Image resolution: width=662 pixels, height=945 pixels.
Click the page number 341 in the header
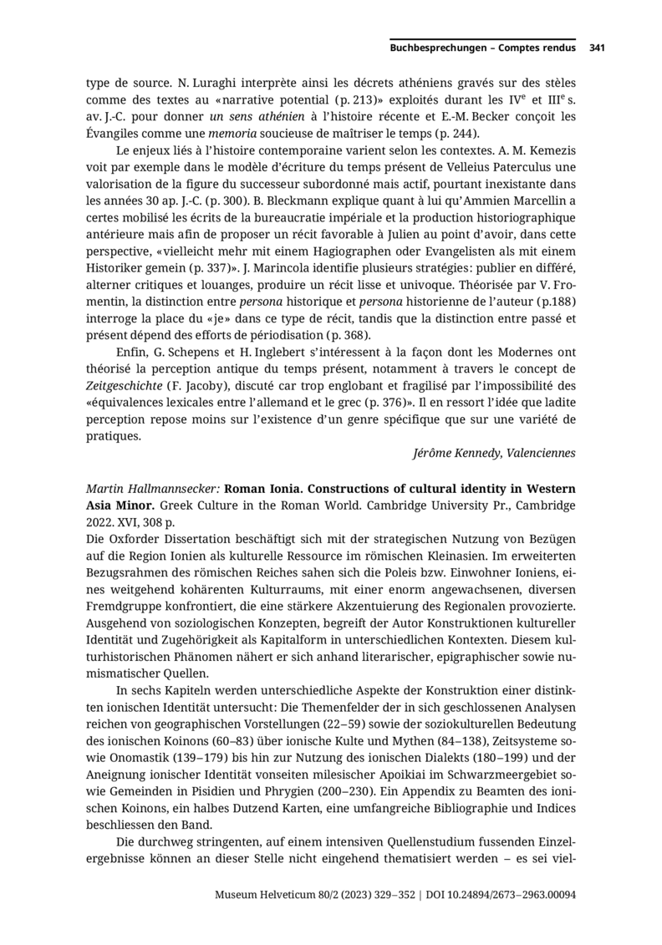click(x=597, y=48)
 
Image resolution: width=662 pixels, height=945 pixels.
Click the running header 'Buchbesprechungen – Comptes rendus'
click(x=482, y=48)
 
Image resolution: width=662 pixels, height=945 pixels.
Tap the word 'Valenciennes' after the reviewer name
click(x=539, y=453)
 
